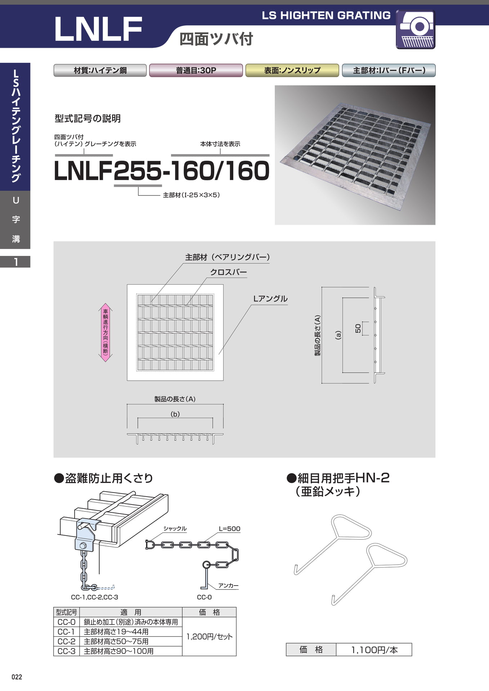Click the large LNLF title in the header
pos(98,29)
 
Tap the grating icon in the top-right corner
pos(416,30)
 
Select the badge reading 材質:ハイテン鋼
pos(100,70)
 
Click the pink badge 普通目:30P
pos(196,70)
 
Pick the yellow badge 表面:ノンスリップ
pos(292,70)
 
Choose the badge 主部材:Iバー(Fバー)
pos(389,70)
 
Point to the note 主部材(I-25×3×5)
pos(191,195)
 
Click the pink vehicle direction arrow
pos(106,332)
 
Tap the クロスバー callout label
pos(229,272)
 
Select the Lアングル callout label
pos(270,299)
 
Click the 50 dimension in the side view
pos(358,329)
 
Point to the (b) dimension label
pos(175,414)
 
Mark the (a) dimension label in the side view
pos(338,335)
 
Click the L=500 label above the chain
pos(229,529)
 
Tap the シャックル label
pos(175,528)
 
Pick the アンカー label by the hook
pos(228,586)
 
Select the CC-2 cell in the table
pos(66,641)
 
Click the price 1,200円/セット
pos(209,637)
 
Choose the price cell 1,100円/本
pos(374,650)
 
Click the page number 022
pos(17,677)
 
